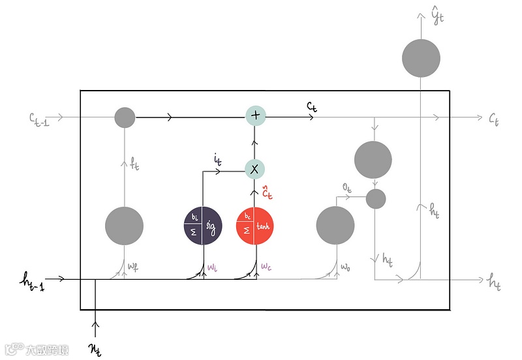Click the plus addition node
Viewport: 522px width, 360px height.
[x=255, y=116]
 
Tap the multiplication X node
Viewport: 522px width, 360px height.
[x=255, y=169]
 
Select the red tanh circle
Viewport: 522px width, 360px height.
[x=255, y=226]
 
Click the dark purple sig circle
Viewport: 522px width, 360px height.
[x=203, y=226]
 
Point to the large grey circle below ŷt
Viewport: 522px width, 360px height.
[x=421, y=57]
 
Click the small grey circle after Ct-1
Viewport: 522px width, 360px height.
[x=125, y=117]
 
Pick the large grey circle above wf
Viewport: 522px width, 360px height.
[x=125, y=225]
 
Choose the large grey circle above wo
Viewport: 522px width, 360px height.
[x=335, y=225]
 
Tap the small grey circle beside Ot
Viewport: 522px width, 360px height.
[x=376, y=199]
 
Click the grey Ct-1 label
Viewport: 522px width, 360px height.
[x=40, y=118]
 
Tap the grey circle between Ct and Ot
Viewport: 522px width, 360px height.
[x=373, y=159]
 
